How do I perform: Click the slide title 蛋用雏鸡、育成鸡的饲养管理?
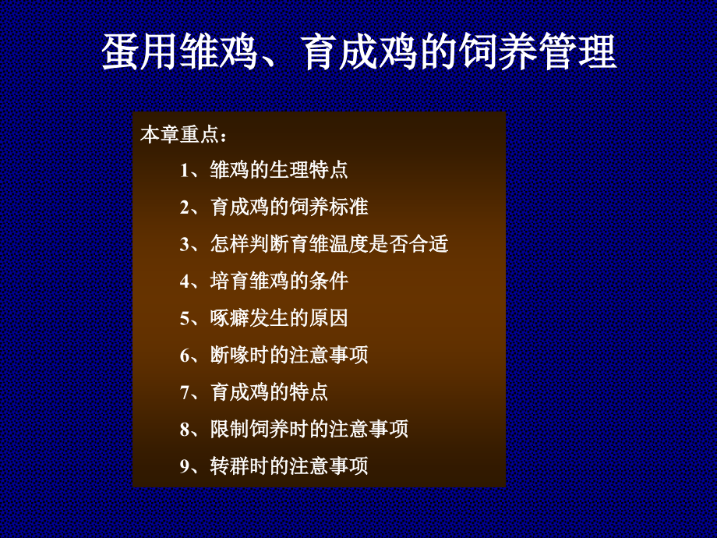pyautogui.click(x=359, y=51)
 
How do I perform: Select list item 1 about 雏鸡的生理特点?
pyautogui.click(x=264, y=170)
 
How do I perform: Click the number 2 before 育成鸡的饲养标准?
pyautogui.click(x=184, y=207)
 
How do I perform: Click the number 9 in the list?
pyautogui.click(x=184, y=466)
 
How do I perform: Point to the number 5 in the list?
pyautogui.click(x=184, y=318)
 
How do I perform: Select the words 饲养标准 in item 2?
pyautogui.click(x=329, y=207)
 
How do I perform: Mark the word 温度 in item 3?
pyautogui.click(x=348, y=244)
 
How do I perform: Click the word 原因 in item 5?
pyautogui.click(x=329, y=318)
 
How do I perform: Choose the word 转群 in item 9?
pyautogui.click(x=230, y=466)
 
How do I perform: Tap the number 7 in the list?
pyautogui.click(x=184, y=392)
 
